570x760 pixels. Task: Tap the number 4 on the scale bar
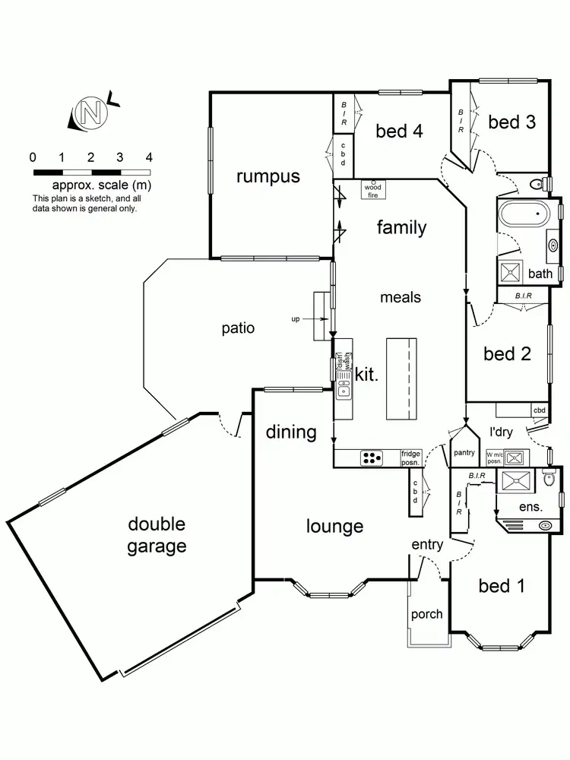(149, 158)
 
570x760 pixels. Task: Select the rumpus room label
(268, 177)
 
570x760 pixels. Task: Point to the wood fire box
(372, 189)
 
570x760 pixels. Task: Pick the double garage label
(157, 535)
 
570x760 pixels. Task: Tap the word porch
(426, 613)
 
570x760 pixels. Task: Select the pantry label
(464, 453)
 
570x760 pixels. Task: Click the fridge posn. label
(411, 457)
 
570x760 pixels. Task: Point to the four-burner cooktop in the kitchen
(372, 458)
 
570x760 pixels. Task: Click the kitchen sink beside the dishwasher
(343, 390)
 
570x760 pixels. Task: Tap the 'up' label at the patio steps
(296, 319)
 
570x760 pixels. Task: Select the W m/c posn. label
(494, 458)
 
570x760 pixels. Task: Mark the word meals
(401, 297)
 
